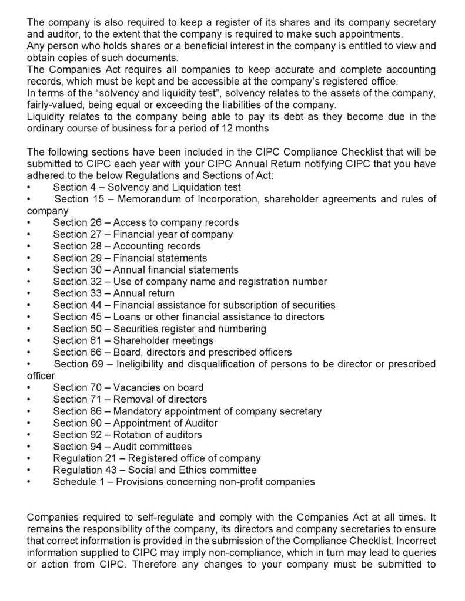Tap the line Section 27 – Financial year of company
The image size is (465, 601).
[x=142, y=235]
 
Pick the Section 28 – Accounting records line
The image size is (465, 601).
[x=126, y=247]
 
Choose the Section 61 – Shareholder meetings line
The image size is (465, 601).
[x=133, y=340]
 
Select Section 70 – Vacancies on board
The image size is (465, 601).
[x=128, y=387]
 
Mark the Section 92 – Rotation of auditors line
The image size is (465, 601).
[x=127, y=435]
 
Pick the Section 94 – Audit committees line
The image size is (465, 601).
[x=122, y=447]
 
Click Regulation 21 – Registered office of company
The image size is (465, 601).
[x=156, y=458]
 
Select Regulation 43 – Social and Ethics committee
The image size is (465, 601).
[x=155, y=470]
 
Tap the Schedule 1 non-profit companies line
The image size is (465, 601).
[x=183, y=482]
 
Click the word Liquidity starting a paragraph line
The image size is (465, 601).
[x=46, y=117]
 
